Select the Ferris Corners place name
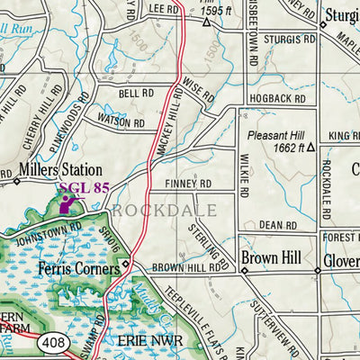coord(78,268)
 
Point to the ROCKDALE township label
coord(164,210)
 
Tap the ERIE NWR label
coord(150,343)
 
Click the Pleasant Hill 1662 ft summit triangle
coord(310,147)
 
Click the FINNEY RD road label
coord(188,184)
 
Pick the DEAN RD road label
coord(277,225)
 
